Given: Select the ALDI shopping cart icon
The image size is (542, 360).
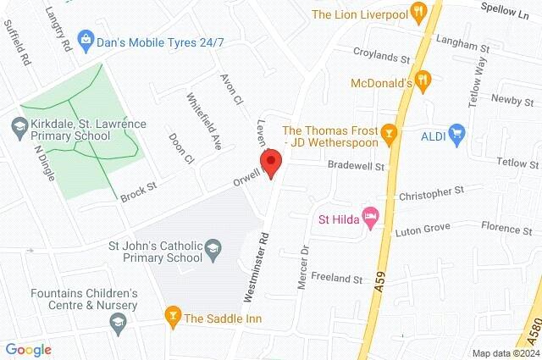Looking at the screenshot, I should (x=457, y=133).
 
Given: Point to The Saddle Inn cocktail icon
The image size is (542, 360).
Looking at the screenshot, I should (x=172, y=318).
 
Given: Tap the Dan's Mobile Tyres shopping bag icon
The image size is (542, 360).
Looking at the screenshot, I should (x=86, y=38).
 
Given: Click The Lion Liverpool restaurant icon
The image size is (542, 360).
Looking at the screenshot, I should (x=418, y=13).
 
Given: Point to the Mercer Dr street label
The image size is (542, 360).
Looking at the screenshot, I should (x=303, y=268).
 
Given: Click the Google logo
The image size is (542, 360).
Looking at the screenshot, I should (x=28, y=349).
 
